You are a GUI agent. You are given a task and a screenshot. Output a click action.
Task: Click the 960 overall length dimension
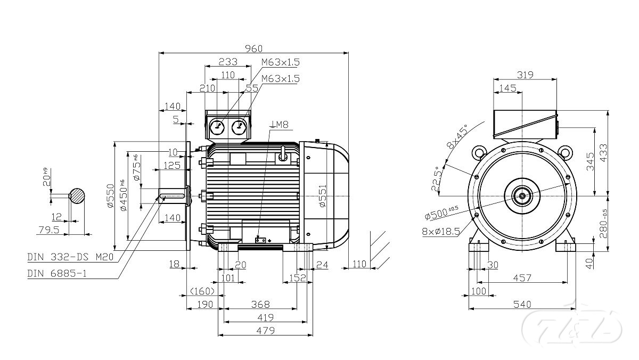tap(253, 48)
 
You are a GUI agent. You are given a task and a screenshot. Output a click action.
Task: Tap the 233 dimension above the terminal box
tap(227, 61)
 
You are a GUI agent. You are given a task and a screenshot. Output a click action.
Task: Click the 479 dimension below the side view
tap(265, 331)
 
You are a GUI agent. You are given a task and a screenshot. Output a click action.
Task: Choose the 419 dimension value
tap(265, 317)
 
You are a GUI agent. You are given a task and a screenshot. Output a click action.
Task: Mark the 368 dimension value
tap(260, 305)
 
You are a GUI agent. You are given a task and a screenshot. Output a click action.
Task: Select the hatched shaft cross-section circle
tap(78, 195)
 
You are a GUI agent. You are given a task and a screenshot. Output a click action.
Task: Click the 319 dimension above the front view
tap(525, 75)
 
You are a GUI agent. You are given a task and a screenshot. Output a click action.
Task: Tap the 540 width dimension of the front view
tap(522, 304)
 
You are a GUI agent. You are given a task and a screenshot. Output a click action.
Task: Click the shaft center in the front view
tap(522, 195)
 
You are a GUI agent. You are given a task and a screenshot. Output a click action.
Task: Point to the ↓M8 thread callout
tap(279, 125)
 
